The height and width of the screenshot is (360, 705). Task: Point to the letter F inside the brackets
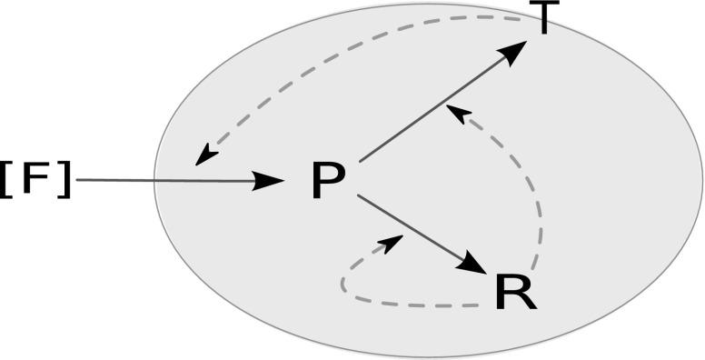(x=36, y=180)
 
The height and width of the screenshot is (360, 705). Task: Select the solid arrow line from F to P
(x=173, y=181)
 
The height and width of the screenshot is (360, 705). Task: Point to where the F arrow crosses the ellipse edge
(x=154, y=181)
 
